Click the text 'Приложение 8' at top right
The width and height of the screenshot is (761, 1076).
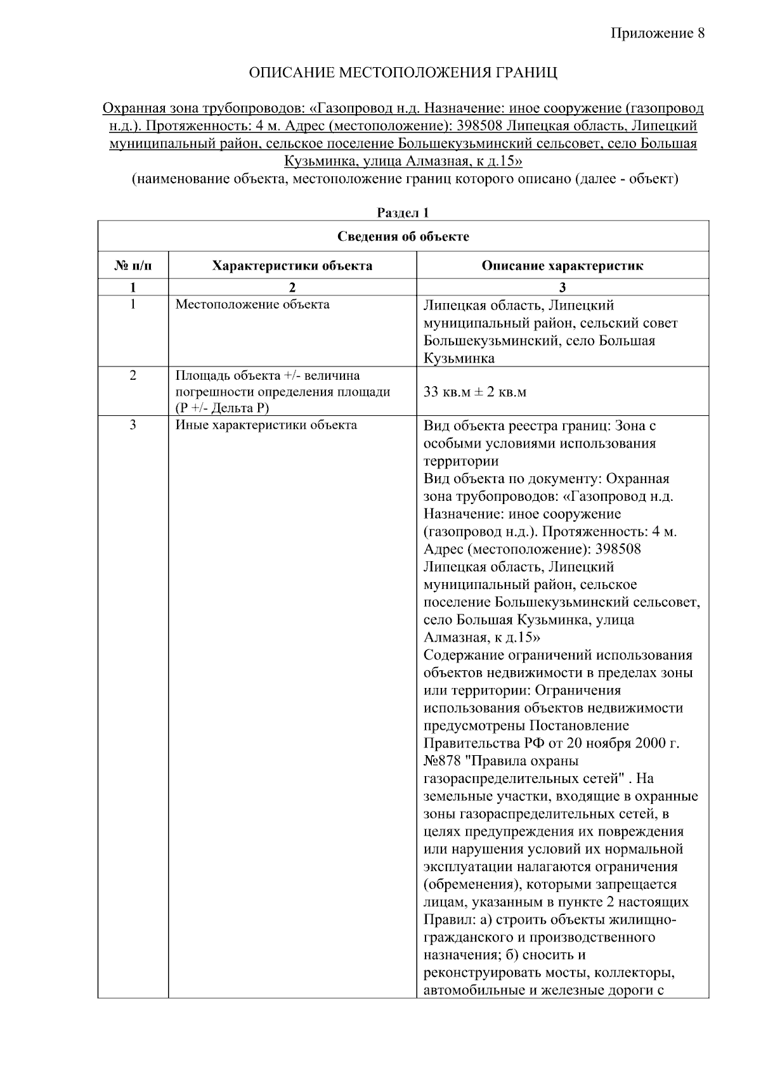pos(657,33)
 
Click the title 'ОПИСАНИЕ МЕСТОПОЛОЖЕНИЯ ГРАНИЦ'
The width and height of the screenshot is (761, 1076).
pos(403,72)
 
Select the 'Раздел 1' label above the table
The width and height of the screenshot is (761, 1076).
pos(403,213)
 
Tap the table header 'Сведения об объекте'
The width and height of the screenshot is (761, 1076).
pos(403,237)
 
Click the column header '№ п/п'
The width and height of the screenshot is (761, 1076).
pos(133,266)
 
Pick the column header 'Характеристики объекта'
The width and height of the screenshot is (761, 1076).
pos(292,266)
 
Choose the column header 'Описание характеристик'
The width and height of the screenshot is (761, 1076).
pos(562,266)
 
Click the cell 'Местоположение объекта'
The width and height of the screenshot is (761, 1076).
pos(252,304)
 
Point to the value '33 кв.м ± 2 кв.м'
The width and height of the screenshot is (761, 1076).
pos(474,392)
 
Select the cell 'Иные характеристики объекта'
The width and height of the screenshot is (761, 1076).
pos(266,425)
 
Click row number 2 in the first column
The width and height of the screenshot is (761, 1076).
pos(133,375)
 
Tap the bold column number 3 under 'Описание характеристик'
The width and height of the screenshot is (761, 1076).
pos(562,287)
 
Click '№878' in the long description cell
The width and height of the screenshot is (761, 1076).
pos(442,760)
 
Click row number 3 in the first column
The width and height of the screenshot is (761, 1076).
pos(133,425)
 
